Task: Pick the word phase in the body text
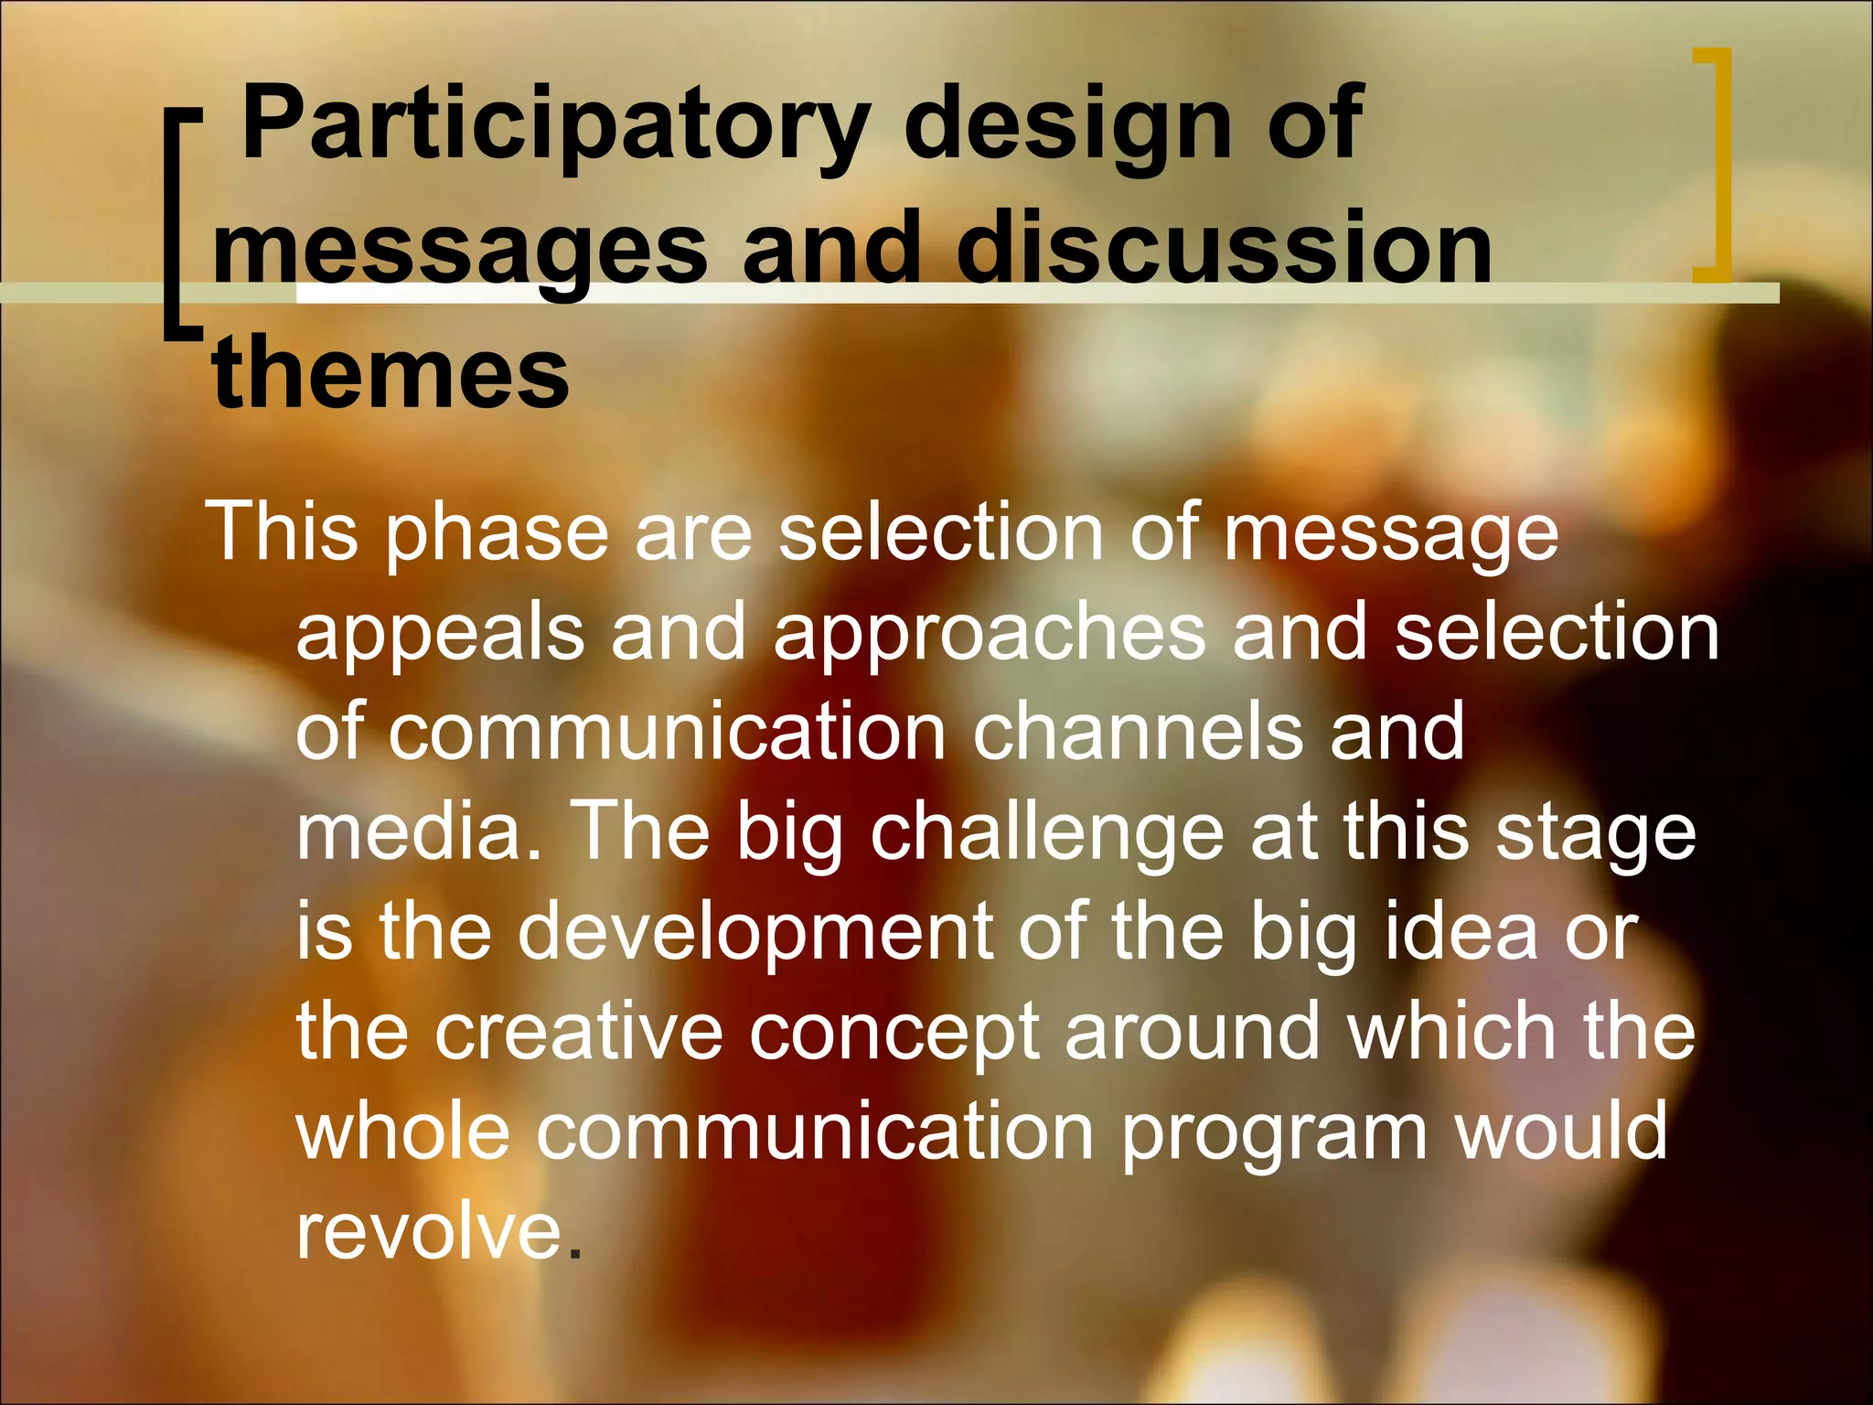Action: tap(497, 532)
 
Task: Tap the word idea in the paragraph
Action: tap(1461, 931)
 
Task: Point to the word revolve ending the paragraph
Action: tap(428, 1231)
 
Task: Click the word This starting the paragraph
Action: tap(283, 532)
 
